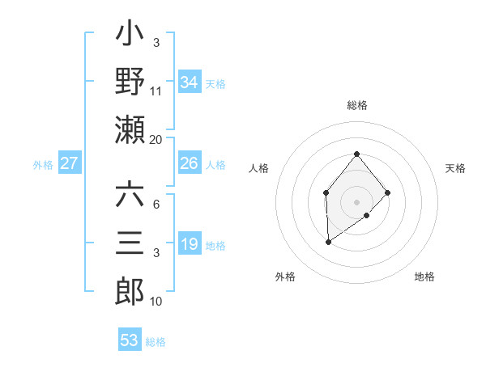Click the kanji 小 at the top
pyautogui.click(x=130, y=37)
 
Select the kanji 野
pyautogui.click(x=130, y=82)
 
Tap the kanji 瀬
pyautogui.click(x=130, y=129)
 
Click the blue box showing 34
pyautogui.click(x=190, y=82)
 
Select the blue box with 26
pyautogui.click(x=190, y=163)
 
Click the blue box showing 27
pyautogui.click(x=70, y=163)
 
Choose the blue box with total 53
pyautogui.click(x=130, y=340)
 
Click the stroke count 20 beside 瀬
pyautogui.click(x=156, y=139)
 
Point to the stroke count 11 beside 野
pyautogui.click(x=156, y=91)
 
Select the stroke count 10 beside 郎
pyautogui.click(x=156, y=302)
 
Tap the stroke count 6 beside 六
pyautogui.click(x=156, y=204)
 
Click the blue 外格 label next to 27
pyautogui.click(x=43, y=165)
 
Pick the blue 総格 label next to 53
pyautogui.click(x=156, y=342)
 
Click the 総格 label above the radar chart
pyautogui.click(x=356, y=106)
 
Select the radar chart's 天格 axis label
pyautogui.click(x=455, y=168)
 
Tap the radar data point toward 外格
pyautogui.click(x=328, y=242)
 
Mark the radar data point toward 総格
pyautogui.click(x=356, y=154)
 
